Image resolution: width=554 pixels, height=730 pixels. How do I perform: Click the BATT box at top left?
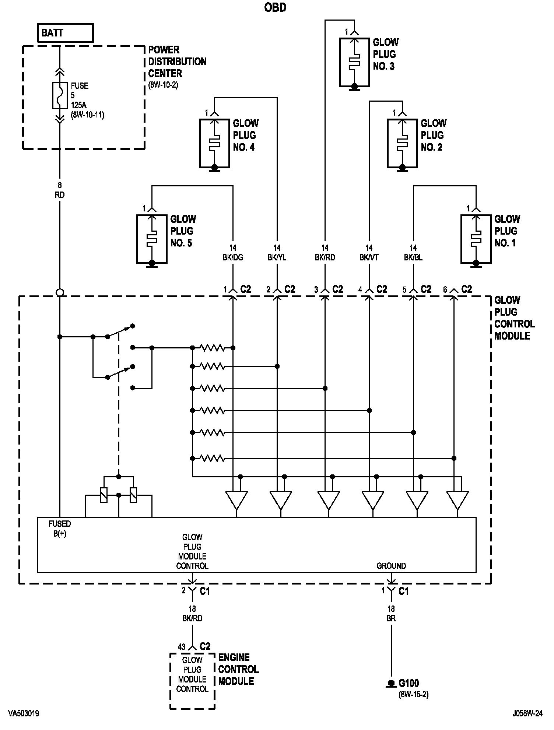coord(65,33)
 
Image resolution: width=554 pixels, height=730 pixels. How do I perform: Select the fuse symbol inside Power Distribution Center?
coord(60,95)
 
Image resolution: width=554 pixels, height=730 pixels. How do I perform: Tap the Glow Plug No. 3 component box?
coord(354,62)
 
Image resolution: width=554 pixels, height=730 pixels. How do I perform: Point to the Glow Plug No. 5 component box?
coord(152,239)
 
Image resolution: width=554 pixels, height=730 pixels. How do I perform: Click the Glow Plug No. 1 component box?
coord(476,239)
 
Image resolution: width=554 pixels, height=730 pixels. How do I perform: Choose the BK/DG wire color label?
coord(233,257)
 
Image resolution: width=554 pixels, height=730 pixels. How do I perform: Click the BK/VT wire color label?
coord(369,257)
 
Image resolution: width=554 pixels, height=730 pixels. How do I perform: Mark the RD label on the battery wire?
coord(60,195)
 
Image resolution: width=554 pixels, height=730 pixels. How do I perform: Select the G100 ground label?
coord(409,683)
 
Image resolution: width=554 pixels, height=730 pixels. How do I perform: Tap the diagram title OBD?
coord(276,7)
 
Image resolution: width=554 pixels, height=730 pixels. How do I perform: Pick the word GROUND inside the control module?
coord(391,565)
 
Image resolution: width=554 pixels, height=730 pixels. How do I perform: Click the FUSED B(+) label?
coord(60,529)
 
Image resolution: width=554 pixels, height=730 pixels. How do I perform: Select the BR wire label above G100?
coord(391,618)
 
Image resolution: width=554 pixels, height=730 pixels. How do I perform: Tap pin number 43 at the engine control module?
coord(182,647)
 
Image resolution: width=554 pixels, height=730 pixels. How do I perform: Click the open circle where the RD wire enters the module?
coord(60,293)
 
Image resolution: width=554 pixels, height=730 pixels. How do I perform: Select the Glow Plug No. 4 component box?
coord(214,143)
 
